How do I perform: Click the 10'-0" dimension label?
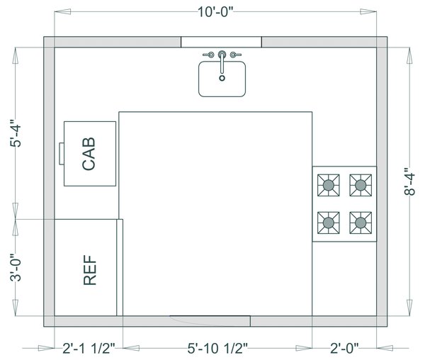point(215,12)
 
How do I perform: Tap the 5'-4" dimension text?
point(16,133)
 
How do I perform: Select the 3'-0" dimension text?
point(16,268)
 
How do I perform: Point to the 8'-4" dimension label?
point(409,181)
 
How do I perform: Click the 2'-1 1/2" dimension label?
point(89,348)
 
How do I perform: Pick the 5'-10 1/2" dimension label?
point(217,348)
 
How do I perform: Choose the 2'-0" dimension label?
point(344,348)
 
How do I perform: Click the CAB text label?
point(89,154)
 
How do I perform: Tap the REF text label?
point(90,270)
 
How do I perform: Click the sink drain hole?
point(222,78)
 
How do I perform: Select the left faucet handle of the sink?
point(208,55)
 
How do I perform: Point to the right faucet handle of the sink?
point(236,55)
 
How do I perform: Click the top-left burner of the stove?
point(329,185)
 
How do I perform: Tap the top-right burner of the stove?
point(361,185)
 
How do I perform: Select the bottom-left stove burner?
point(329,223)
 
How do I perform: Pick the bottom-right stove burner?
point(361,223)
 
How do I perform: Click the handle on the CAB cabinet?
point(62,154)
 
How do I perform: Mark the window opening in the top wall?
point(221,42)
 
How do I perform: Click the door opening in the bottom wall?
point(210,321)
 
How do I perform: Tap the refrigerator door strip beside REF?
point(120,267)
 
